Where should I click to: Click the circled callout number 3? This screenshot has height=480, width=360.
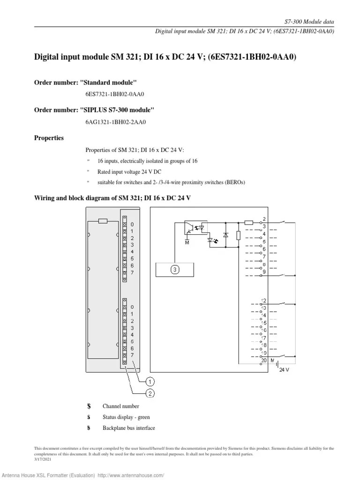[x=174, y=270]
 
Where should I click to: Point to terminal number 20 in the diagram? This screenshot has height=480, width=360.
[x=263, y=360]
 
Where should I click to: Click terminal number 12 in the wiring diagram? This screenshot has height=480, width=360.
[x=264, y=300]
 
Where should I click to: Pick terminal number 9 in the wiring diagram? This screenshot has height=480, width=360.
[x=264, y=272]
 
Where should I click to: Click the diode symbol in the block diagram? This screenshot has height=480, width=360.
[x=225, y=234]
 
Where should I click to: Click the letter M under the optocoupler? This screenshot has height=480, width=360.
[x=187, y=242]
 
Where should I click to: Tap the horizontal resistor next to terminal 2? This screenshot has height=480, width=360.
[x=249, y=222]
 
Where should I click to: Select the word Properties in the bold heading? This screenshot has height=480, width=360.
[x=49, y=138]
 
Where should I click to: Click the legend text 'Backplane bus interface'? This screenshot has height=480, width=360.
[x=128, y=428]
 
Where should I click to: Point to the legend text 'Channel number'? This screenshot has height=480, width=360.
[x=120, y=406]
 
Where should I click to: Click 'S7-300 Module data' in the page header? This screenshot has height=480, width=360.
[x=309, y=22]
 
